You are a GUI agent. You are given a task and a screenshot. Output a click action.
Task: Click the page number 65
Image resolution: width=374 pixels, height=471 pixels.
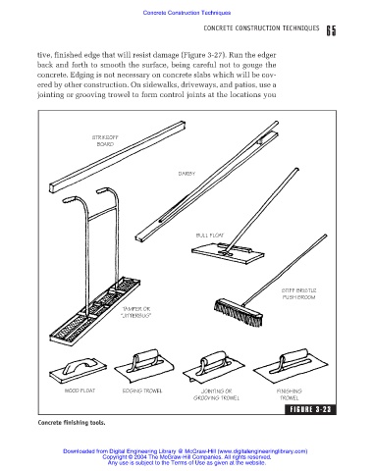331,30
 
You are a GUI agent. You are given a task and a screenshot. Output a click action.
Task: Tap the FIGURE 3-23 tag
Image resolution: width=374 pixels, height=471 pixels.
310,409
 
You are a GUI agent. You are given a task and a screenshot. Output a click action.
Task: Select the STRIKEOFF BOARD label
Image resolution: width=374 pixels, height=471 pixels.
105,140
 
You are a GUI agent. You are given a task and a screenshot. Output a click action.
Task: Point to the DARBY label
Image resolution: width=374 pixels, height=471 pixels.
187,174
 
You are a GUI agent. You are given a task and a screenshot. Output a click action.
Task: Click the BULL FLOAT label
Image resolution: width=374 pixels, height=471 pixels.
210,235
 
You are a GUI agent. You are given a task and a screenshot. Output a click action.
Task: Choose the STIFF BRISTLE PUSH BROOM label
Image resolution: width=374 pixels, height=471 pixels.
298,293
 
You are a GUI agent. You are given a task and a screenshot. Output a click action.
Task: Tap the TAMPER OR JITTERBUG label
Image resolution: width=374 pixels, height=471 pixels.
136,312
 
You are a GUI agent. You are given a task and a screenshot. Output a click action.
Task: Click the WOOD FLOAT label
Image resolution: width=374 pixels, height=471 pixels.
80,391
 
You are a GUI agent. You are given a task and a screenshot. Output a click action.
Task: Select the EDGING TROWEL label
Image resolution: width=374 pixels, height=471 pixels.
142,391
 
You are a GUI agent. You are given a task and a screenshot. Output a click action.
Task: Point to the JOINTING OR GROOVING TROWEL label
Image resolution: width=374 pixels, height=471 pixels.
216,394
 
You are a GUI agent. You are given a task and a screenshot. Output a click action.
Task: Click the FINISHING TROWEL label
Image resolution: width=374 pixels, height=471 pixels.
290,394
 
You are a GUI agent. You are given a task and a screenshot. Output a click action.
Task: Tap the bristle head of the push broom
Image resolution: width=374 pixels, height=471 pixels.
239,313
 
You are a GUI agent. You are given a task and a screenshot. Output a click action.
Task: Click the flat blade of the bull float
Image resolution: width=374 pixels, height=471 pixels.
228,253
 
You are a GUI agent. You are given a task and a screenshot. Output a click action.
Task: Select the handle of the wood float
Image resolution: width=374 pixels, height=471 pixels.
80,366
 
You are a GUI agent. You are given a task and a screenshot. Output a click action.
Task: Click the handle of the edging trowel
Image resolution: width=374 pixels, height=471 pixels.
144,359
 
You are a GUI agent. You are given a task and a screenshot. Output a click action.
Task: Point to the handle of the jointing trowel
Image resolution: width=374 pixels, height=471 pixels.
213,362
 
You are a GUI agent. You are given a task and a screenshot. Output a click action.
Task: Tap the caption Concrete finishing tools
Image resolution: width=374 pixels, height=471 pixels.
72,423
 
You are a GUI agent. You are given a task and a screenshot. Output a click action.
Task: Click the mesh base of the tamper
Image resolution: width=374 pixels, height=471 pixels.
95,311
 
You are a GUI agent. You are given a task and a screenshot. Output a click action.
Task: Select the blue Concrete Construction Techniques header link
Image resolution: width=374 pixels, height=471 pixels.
187,13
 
